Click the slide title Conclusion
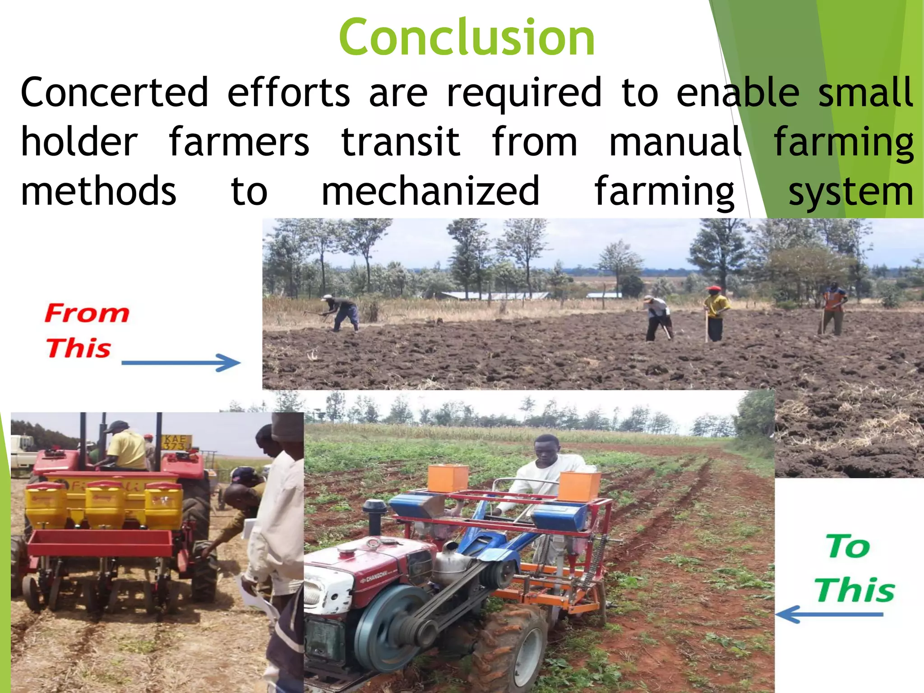pyautogui.click(x=467, y=38)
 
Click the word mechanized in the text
pyautogui.click(x=430, y=191)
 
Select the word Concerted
pyautogui.click(x=115, y=92)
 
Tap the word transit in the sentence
pyautogui.click(x=401, y=142)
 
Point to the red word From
pyautogui.click(x=87, y=313)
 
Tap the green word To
pyautogui.click(x=848, y=546)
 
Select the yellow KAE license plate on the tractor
pyautogui.click(x=176, y=442)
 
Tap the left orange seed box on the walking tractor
pyautogui.click(x=447, y=479)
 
